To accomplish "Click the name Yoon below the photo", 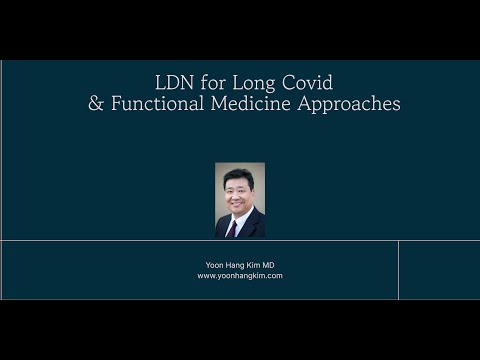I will (x=213, y=264).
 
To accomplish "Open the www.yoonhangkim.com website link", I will (x=240, y=275).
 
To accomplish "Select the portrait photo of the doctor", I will (x=240, y=200).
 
